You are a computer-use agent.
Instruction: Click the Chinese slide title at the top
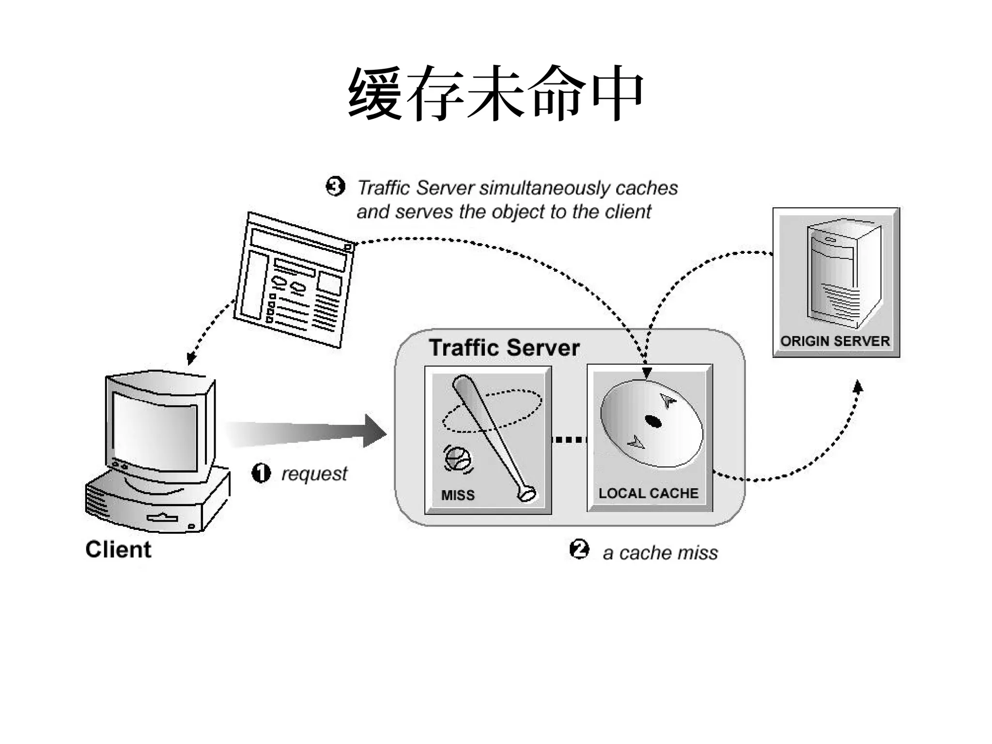(496, 93)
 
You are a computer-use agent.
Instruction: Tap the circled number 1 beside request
(261, 473)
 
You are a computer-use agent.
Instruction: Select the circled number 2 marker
(579, 549)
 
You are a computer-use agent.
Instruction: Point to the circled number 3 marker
(335, 186)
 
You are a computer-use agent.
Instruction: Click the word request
(314, 474)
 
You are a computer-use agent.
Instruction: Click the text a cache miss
(660, 553)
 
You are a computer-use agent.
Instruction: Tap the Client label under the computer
(118, 549)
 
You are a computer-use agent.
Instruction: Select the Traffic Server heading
(504, 348)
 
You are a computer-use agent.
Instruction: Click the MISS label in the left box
(458, 495)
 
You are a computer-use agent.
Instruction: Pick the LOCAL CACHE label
(648, 493)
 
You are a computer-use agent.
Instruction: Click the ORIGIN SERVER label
(835, 341)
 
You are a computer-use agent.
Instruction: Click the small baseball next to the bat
(458, 459)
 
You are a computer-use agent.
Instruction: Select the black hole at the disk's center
(653, 421)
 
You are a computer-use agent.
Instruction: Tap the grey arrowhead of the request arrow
(374, 431)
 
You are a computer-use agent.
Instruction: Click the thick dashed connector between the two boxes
(569, 440)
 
